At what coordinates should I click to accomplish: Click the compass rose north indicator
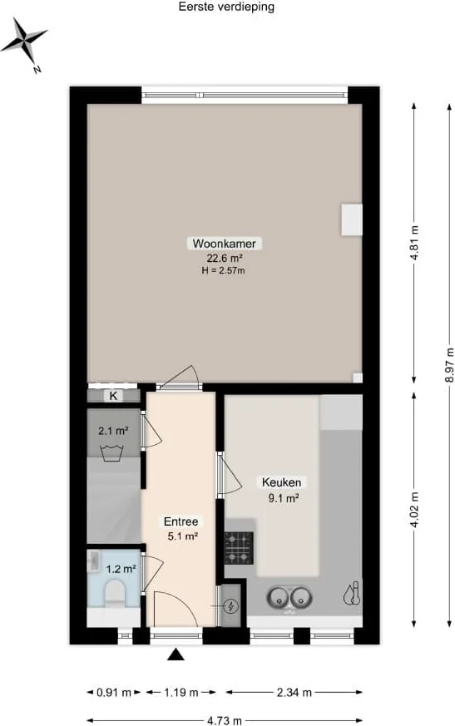[x=23, y=42]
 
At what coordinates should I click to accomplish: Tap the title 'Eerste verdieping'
[x=226, y=7]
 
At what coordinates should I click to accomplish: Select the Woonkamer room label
[x=225, y=244]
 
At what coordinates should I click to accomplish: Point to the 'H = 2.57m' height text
[x=223, y=271]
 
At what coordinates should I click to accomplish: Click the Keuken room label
[x=281, y=482]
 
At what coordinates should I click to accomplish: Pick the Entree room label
[x=181, y=521]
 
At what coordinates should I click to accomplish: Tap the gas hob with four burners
[x=239, y=548]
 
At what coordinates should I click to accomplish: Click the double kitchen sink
[x=289, y=598]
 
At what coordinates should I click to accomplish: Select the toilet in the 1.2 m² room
[x=114, y=593]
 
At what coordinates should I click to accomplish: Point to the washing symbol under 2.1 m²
[x=111, y=452]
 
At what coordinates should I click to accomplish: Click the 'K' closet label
[x=113, y=396]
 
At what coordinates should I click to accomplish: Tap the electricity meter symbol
[x=230, y=605]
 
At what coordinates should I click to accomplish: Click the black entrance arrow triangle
[x=176, y=654]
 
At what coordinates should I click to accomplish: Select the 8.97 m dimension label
[x=449, y=365]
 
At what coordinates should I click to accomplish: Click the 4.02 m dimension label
[x=415, y=509]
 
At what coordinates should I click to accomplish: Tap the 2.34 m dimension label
[x=294, y=693]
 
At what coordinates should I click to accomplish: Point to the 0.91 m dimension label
[x=113, y=693]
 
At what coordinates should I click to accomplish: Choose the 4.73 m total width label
[x=225, y=720]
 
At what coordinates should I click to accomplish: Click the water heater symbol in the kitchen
[x=352, y=594]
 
